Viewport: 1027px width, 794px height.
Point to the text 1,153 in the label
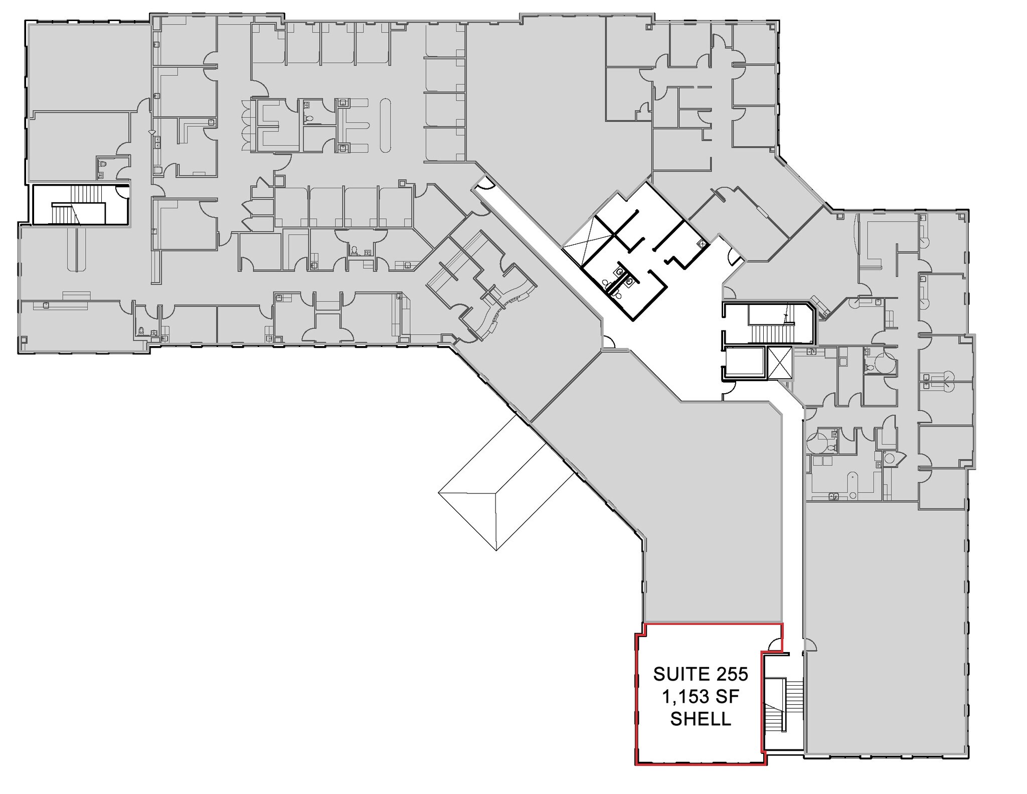coord(686,697)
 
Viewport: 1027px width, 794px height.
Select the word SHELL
coord(701,719)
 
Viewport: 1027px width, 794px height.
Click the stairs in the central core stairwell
coord(775,332)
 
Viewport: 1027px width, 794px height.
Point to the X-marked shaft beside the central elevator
coord(779,362)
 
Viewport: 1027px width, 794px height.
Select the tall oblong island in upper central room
coord(385,125)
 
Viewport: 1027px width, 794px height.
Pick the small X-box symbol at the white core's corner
coord(703,244)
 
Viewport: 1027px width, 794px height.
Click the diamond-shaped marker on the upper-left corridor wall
coord(151,132)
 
